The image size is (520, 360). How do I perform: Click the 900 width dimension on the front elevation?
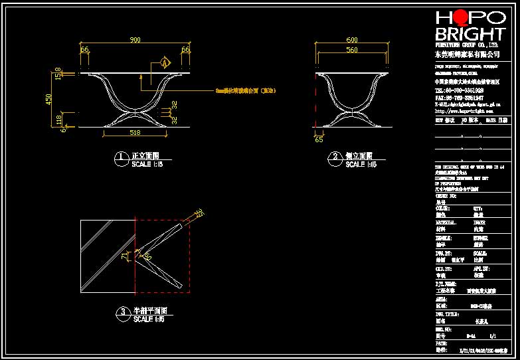(x=135, y=41)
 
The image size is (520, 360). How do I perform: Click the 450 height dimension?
(x=48, y=99)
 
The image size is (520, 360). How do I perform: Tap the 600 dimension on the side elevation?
(x=352, y=41)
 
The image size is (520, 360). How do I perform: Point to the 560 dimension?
(x=352, y=50)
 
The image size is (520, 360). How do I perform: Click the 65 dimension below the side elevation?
(x=319, y=140)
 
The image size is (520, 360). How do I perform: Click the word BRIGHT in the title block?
(x=470, y=35)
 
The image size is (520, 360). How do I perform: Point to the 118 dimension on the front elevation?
(x=58, y=120)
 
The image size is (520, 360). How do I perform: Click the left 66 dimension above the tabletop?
(x=84, y=50)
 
